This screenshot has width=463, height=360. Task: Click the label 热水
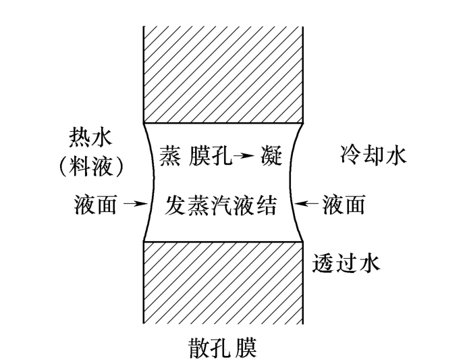[90, 137]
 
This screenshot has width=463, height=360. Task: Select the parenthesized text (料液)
[90, 166]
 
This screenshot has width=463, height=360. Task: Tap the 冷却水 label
[373, 155]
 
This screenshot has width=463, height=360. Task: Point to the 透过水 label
[346, 263]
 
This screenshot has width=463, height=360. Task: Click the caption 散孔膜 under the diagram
[222, 348]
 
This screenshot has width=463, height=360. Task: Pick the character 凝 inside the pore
[271, 155]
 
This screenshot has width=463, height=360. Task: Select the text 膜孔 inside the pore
[211, 155]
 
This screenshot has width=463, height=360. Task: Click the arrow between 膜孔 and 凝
[244, 155]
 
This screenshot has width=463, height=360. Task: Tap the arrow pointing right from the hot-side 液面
[136, 203]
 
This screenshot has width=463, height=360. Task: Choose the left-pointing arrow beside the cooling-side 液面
[307, 203]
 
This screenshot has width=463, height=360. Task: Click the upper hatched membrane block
[223, 74]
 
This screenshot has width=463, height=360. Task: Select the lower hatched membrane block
[223, 282]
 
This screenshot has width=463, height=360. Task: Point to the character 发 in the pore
[175, 205]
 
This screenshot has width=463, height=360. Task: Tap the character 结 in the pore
[267, 205]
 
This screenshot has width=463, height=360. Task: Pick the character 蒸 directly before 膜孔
[171, 155]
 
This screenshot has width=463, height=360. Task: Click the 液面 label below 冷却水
[343, 204]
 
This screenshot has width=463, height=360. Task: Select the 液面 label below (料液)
[95, 204]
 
